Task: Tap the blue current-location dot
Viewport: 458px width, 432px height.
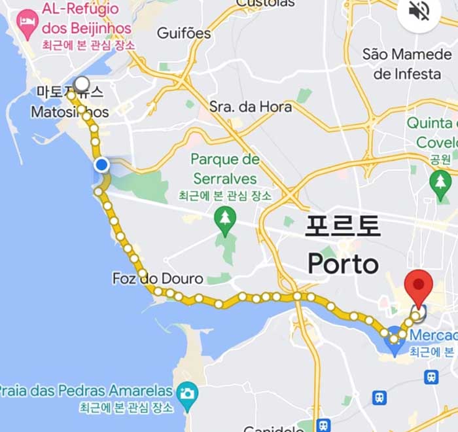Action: (101, 165)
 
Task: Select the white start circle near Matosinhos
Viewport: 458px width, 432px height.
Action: (82, 84)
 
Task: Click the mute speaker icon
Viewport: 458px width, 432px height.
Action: (419, 11)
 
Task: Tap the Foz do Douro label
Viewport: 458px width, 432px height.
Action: (157, 279)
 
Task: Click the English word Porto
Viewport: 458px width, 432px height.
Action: (343, 264)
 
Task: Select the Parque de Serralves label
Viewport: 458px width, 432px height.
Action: (225, 169)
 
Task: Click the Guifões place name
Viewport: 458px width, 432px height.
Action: (184, 33)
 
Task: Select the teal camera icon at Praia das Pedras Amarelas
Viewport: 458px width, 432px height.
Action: (187, 393)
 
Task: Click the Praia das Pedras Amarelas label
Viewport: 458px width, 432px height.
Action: (85, 391)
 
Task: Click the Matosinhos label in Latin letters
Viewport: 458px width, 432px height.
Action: (69, 112)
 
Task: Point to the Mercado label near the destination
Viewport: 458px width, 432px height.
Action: (433, 336)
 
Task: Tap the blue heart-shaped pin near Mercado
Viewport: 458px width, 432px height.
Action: (395, 340)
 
